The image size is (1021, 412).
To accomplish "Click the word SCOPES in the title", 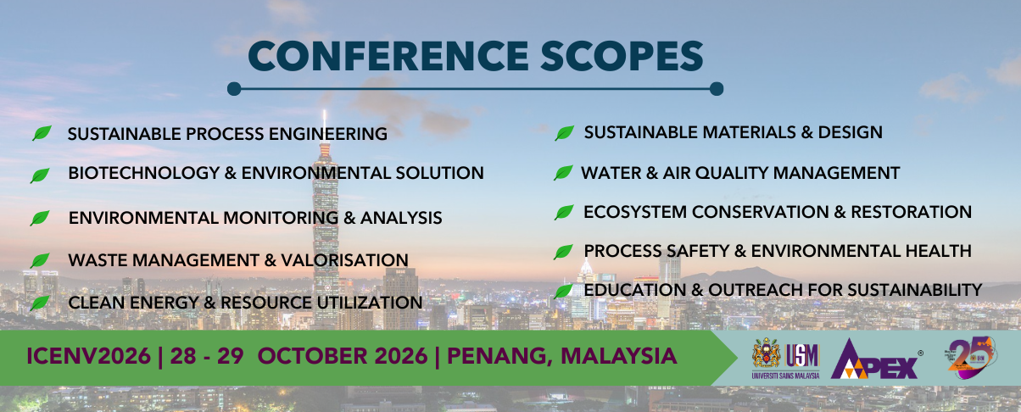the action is tap(622, 56).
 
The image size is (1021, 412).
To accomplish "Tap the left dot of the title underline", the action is tap(234, 88).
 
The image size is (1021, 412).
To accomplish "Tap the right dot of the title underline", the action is tap(717, 88).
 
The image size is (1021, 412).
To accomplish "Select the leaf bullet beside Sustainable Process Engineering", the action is tap(42, 133).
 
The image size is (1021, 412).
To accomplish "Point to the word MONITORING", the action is tap(281, 218).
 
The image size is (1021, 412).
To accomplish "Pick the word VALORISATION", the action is tap(344, 260).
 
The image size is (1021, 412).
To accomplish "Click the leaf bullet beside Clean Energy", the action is tap(40, 303).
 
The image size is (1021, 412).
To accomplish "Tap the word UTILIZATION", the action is tap(370, 303).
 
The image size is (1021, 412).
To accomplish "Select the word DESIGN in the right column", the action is tap(851, 132).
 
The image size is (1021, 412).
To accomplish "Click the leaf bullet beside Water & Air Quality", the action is tap(563, 173).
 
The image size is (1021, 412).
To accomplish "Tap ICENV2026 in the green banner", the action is tap(88, 356).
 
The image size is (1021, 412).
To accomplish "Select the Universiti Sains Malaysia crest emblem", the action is tap(767, 354).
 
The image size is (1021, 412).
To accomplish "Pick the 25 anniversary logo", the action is tap(971, 357).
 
